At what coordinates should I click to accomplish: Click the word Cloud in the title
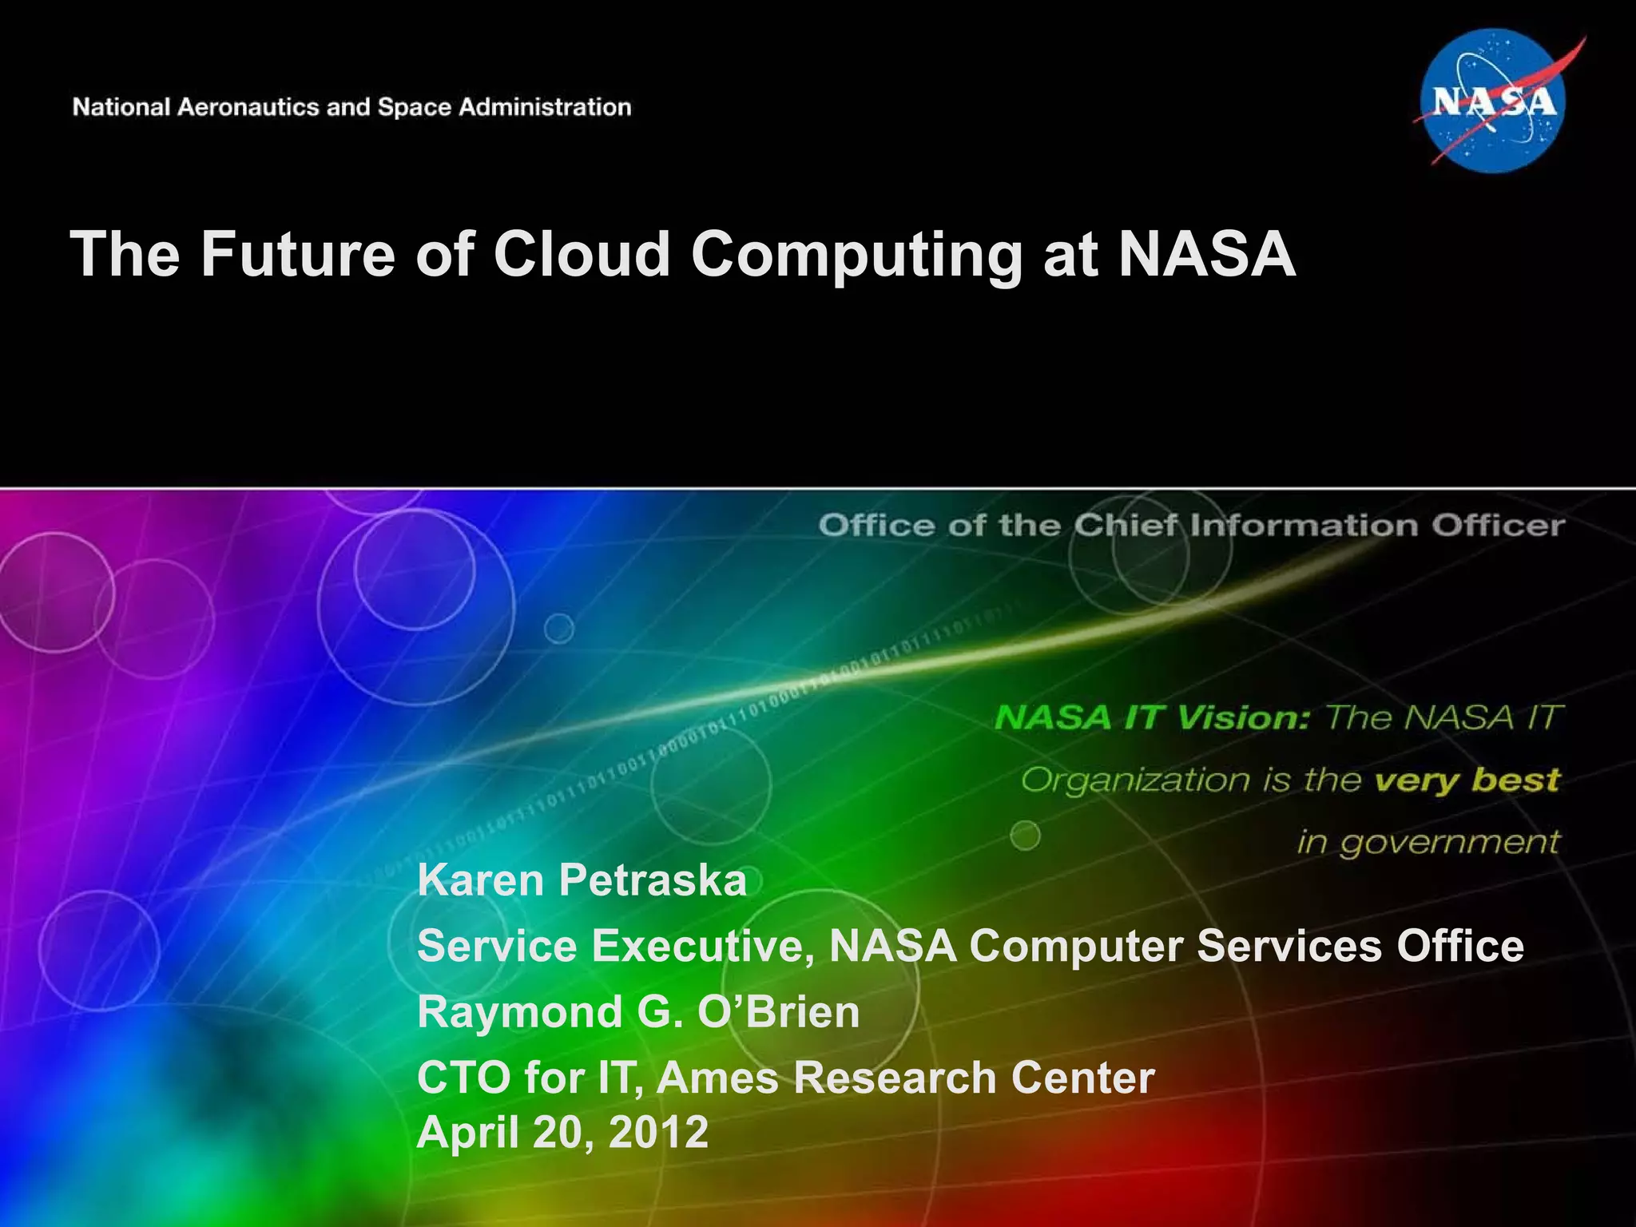point(582,254)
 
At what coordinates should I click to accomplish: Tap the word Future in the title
point(297,254)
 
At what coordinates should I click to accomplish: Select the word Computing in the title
point(856,254)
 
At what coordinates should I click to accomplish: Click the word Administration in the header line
point(544,107)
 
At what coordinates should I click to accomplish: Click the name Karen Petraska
point(582,880)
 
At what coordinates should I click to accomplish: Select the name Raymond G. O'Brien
point(638,1011)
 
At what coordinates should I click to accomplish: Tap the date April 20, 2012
point(562,1131)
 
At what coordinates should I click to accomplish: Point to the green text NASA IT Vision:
point(1152,717)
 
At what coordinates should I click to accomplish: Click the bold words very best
point(1466,779)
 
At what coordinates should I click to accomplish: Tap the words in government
point(1428,842)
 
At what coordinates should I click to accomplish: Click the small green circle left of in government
point(1025,836)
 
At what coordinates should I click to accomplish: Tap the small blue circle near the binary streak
point(559,629)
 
